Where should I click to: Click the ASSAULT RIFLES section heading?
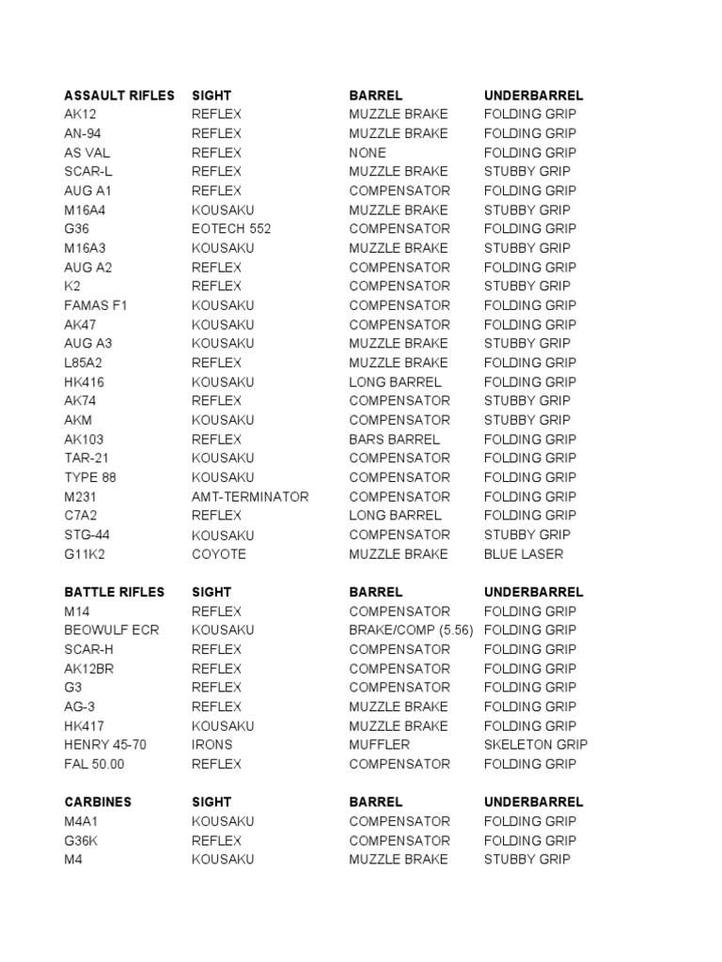point(119,95)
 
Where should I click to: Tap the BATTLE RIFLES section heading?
point(114,592)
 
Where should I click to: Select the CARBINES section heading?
point(98,802)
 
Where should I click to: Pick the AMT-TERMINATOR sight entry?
point(250,497)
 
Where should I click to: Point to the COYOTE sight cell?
point(219,554)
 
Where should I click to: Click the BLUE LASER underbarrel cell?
point(524,554)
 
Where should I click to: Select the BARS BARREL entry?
point(394,440)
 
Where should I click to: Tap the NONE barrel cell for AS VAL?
point(368,152)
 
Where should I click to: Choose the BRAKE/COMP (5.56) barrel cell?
point(411,630)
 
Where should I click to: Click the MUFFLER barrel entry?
point(380,745)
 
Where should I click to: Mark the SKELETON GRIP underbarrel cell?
point(536,745)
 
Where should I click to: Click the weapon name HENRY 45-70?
point(105,745)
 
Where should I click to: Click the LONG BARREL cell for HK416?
point(395,382)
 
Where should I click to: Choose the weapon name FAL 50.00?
point(94,764)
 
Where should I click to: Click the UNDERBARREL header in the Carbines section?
point(534,802)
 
